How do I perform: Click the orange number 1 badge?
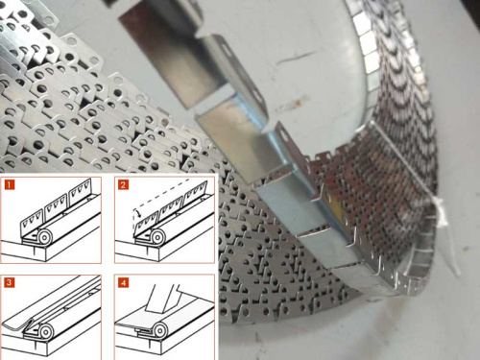click(10, 184)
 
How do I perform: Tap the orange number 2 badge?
click(123, 184)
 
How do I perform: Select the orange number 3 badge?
click(10, 282)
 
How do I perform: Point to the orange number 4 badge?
click(123, 282)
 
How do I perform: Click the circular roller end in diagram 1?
click(44, 237)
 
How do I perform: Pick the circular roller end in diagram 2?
click(157, 237)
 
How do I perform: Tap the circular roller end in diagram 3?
click(45, 333)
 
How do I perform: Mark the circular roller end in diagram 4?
click(159, 331)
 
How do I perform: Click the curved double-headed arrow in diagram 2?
click(137, 212)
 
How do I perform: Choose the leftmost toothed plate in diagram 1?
click(32, 222)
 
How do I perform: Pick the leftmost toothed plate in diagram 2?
click(147, 222)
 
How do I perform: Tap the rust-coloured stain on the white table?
click(296, 104)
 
